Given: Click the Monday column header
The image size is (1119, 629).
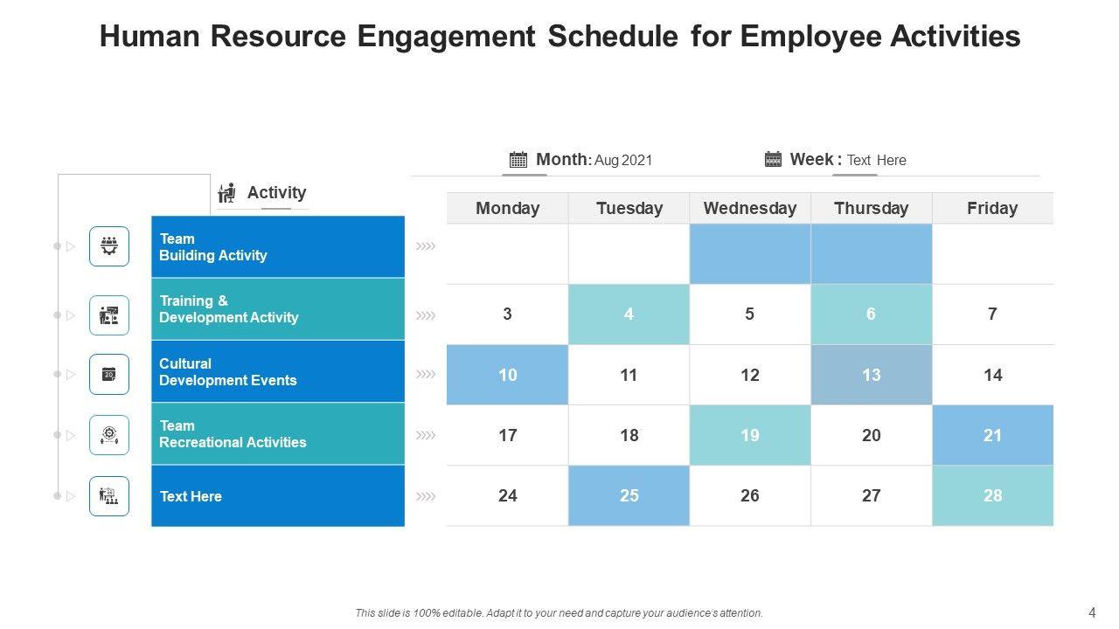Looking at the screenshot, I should click(x=507, y=208).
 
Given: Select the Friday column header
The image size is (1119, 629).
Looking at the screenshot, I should click(x=992, y=208).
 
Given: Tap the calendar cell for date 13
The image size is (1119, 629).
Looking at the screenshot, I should click(x=871, y=375).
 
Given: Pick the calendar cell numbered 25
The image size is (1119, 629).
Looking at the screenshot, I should click(x=629, y=495).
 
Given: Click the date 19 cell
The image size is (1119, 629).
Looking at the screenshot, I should click(x=750, y=435).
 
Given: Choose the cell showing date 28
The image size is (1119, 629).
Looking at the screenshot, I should click(x=992, y=495).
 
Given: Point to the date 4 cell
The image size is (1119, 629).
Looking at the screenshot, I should click(x=629, y=314).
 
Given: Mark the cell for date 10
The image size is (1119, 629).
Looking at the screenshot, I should click(x=507, y=375).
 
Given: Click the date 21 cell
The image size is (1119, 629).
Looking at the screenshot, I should click(x=992, y=435).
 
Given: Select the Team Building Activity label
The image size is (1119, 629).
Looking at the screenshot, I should click(x=213, y=247).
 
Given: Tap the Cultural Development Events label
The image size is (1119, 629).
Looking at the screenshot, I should click(x=227, y=372).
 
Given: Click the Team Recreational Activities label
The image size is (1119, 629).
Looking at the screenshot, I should click(x=233, y=434).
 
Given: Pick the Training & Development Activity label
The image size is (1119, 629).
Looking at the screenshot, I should click(x=228, y=309).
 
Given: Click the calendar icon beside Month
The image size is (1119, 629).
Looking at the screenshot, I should click(x=518, y=159).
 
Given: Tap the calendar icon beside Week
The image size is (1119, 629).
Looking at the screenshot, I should click(x=773, y=158).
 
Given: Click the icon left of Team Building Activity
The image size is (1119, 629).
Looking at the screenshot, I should click(x=109, y=246).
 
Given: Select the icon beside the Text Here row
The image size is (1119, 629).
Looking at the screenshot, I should click(x=109, y=496).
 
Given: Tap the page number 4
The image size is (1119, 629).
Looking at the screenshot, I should click(x=1092, y=612).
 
